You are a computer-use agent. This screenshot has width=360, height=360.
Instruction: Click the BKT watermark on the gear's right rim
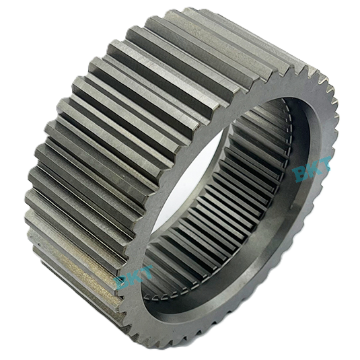312,168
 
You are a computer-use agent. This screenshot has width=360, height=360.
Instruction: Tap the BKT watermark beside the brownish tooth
134,276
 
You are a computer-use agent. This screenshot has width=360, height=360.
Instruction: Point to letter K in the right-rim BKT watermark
313,168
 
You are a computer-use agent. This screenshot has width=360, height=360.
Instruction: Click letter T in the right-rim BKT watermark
325,162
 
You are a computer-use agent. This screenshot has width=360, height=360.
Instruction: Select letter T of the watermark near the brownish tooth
146,271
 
